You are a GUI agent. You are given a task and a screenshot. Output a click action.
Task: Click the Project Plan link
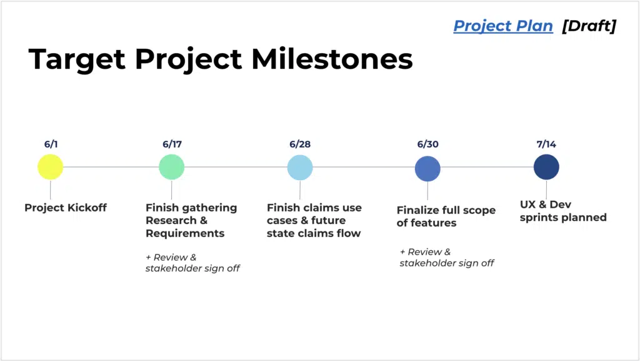coord(503,26)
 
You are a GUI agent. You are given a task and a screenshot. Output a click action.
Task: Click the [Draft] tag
coord(589,26)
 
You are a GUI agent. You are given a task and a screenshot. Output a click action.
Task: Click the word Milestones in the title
coord(332,59)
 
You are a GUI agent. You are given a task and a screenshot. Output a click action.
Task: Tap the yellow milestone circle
coord(50,167)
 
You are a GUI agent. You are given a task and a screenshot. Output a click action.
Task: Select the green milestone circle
coord(171,167)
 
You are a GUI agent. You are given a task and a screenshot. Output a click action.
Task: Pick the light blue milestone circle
coord(300,168)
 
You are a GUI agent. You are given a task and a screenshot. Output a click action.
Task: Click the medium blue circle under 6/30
coord(427,169)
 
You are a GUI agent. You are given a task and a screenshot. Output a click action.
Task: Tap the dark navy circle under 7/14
coord(546,167)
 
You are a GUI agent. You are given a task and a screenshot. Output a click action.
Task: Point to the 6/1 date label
coord(51,144)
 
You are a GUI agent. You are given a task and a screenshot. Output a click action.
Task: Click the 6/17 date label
coord(172,144)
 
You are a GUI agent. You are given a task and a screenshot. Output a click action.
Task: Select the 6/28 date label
coord(300,144)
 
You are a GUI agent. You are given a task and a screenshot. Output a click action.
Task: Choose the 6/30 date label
coord(427,144)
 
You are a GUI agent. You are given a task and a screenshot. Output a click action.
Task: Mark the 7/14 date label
coord(546,144)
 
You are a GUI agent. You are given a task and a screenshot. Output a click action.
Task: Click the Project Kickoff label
coord(66,208)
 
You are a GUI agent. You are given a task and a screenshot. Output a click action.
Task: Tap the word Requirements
coord(185,233)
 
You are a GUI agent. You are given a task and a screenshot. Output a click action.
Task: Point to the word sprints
coord(539,218)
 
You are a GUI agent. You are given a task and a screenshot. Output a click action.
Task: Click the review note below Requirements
coord(192,263)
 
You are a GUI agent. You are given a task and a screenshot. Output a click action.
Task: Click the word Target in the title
coord(77,60)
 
